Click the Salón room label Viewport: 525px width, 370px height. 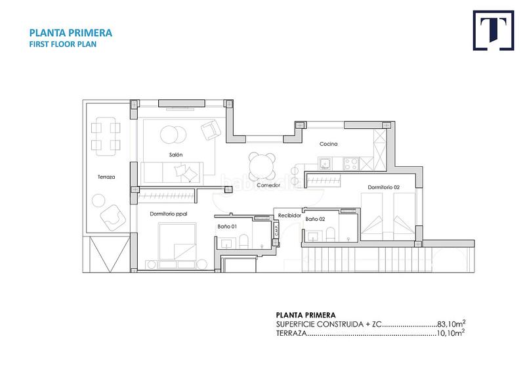pyautogui.click(x=176, y=154)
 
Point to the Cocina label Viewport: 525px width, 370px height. pyautogui.click(x=328, y=143)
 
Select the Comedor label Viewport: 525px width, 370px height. pyautogui.click(x=268, y=185)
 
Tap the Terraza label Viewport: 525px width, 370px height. pyautogui.click(x=106, y=177)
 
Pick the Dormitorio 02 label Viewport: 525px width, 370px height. pyautogui.click(x=384, y=187)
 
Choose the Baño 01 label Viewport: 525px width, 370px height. pyautogui.click(x=227, y=226)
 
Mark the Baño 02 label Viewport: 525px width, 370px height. pyautogui.click(x=315, y=219)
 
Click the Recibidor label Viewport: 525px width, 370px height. pyautogui.click(x=289, y=215)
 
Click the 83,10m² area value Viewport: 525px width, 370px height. pyautogui.click(x=450, y=324)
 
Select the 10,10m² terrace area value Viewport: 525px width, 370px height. pyautogui.click(x=450, y=333)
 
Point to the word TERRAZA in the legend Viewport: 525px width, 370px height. pyautogui.click(x=291, y=333)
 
